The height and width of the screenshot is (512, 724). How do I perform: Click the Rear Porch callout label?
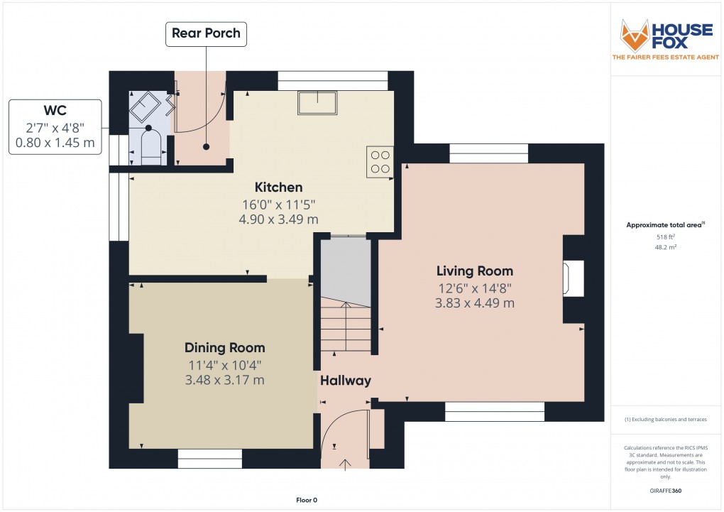pyautogui.click(x=207, y=33)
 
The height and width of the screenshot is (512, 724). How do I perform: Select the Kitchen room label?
pyautogui.click(x=279, y=187)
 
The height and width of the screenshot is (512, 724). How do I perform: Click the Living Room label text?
pyautogui.click(x=474, y=271)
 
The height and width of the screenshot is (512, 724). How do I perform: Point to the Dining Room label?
pyautogui.click(x=225, y=348)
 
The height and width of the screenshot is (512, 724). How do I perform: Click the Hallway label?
pyautogui.click(x=346, y=381)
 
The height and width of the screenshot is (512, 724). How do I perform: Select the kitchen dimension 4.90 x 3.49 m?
pyautogui.click(x=279, y=219)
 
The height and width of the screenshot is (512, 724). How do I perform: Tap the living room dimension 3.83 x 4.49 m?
pyautogui.click(x=474, y=303)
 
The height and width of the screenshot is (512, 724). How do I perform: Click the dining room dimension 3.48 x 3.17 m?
pyautogui.click(x=225, y=380)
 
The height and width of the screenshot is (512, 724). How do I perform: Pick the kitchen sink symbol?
pyautogui.click(x=317, y=103)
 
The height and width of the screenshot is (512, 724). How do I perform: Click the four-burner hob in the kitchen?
pyautogui.click(x=380, y=160)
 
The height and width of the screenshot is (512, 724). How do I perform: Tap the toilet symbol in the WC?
pyautogui.click(x=150, y=147)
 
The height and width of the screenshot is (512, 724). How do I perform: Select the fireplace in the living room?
pyautogui.click(x=574, y=278)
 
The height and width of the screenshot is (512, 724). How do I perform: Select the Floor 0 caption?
pyautogui.click(x=307, y=501)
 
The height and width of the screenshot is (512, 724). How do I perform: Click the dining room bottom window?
pyautogui.click(x=210, y=459)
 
